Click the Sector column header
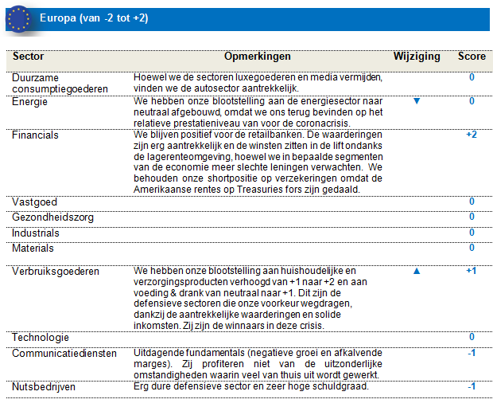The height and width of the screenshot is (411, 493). tap(29, 57)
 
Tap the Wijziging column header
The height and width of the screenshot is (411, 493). tap(416, 57)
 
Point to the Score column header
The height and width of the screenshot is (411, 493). tap(472, 57)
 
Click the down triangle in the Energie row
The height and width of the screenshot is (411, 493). tap(416, 102)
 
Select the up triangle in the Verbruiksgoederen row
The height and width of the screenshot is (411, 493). tap(416, 272)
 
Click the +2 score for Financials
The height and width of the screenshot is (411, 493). tap(471, 135)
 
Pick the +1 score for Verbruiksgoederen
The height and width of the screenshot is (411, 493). tap(471, 272)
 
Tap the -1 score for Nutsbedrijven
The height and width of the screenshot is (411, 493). tap(471, 386)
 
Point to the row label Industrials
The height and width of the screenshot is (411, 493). tap(36, 233)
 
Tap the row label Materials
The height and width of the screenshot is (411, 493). tap(33, 248)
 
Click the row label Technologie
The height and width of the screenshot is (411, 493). tap(41, 338)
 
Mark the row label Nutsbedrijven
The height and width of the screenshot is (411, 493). tap(45, 386)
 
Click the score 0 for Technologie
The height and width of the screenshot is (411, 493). tap(472, 338)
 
